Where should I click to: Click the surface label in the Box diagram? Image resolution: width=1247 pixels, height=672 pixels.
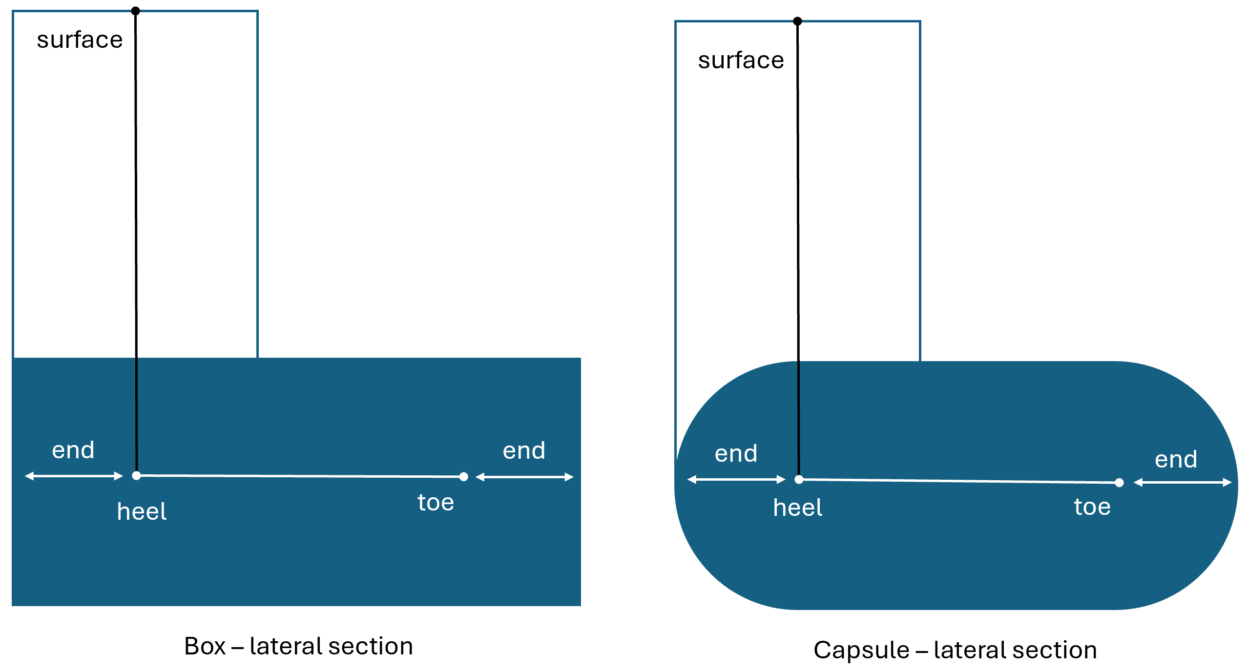click(80, 40)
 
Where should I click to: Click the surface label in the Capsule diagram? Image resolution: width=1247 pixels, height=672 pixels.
click(741, 61)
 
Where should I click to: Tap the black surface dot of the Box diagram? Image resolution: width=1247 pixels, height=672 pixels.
click(136, 11)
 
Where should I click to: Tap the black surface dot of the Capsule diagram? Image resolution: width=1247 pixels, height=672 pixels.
click(797, 21)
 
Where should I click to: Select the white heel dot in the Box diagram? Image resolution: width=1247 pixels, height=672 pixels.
click(137, 475)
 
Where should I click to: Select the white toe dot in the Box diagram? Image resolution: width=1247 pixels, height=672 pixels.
click(464, 477)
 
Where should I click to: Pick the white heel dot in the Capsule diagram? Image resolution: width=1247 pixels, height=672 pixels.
click(799, 479)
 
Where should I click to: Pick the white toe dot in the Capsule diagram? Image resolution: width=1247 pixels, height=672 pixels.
click(1120, 483)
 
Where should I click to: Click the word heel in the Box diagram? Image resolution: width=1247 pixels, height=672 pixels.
click(142, 511)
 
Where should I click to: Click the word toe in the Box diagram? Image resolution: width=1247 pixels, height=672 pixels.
click(436, 502)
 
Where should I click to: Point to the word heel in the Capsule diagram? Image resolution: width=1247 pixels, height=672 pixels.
click(798, 508)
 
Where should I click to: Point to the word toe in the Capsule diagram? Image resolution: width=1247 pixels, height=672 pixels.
click(1092, 507)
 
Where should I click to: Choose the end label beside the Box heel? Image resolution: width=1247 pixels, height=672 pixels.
click(73, 450)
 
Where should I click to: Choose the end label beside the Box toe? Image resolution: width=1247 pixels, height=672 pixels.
click(524, 450)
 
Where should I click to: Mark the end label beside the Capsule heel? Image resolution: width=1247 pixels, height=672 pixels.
click(736, 453)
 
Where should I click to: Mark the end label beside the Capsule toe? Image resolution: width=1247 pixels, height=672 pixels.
click(1176, 459)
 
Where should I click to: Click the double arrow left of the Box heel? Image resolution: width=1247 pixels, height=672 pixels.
click(74, 476)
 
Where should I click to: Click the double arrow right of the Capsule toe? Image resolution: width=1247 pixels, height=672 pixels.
click(1183, 483)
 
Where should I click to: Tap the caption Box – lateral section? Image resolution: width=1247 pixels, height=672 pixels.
click(298, 646)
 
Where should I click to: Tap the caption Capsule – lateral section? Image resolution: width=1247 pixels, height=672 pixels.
click(955, 650)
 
